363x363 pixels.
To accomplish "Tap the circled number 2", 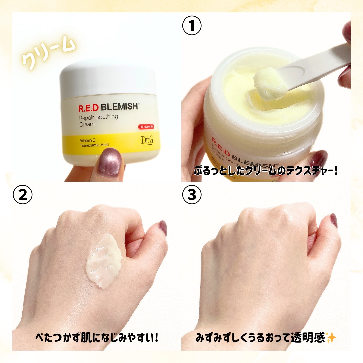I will (23, 195).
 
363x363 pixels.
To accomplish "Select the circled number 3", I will (192, 195).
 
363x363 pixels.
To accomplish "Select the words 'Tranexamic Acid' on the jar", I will (94, 145).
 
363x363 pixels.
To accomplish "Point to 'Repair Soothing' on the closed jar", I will (98, 117).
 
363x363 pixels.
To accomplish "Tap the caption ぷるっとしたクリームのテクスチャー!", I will (266, 170).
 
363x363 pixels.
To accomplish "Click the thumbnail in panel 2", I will (163, 228).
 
